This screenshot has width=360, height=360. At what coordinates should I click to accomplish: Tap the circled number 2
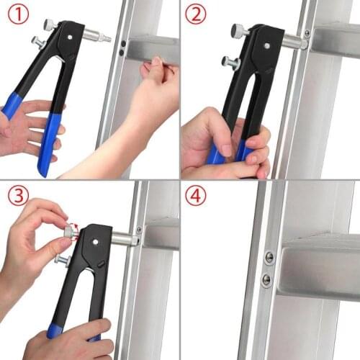click(x=197, y=14)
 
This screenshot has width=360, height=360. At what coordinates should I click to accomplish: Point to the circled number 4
click(x=197, y=195)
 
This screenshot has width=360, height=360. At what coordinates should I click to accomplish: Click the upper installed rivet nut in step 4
click(x=269, y=258)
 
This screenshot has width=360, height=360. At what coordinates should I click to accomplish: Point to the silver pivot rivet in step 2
click(x=266, y=45)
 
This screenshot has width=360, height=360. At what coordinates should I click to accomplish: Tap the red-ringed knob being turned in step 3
click(x=70, y=232)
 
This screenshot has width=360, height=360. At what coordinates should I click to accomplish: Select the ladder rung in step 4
click(x=317, y=270)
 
